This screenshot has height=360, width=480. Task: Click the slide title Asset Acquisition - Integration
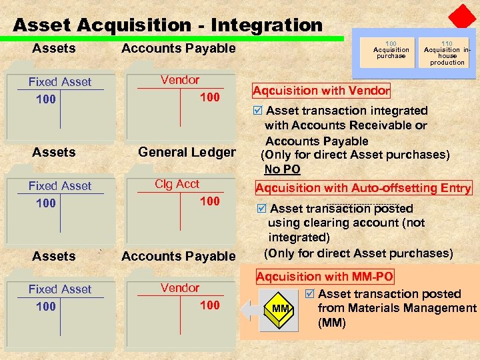click(167, 25)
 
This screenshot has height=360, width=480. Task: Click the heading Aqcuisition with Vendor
click(321, 91)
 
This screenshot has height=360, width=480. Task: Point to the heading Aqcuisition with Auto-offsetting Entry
click(363, 188)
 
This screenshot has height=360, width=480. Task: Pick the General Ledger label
click(187, 153)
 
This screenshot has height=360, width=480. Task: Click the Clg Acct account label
click(177, 184)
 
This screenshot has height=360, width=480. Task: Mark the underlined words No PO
click(282, 169)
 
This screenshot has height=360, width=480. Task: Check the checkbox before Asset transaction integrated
click(259, 111)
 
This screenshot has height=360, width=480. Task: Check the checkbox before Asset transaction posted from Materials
click(309, 294)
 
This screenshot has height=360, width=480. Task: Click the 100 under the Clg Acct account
click(209, 201)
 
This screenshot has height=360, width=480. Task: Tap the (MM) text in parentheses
click(332, 323)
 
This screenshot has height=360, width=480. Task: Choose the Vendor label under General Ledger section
click(180, 288)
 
